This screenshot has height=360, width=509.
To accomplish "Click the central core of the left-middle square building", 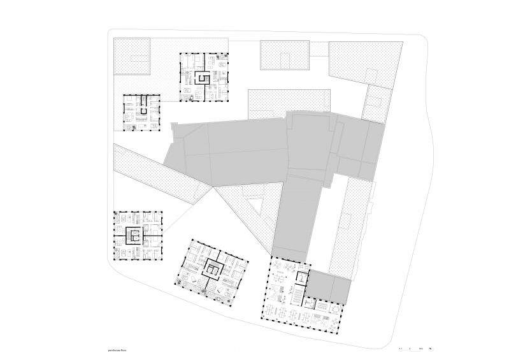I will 134,235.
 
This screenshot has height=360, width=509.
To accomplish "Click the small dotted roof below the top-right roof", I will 376,102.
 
